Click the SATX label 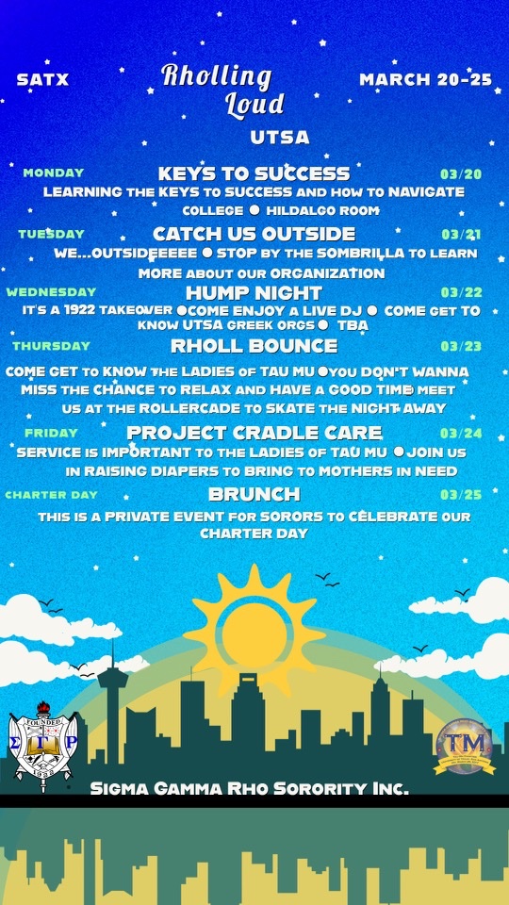42,79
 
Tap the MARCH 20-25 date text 426,79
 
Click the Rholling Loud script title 222,91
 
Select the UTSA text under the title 280,138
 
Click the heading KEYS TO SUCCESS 254,173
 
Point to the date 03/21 462,235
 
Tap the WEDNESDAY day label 51,291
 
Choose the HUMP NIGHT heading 254,292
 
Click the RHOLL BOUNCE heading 254,346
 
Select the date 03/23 461,346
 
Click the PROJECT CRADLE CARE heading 254,433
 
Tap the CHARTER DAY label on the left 51,495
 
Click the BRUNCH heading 254,494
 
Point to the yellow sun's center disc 254,631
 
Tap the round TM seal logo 465,747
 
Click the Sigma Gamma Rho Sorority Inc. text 249,788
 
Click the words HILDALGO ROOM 322,210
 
